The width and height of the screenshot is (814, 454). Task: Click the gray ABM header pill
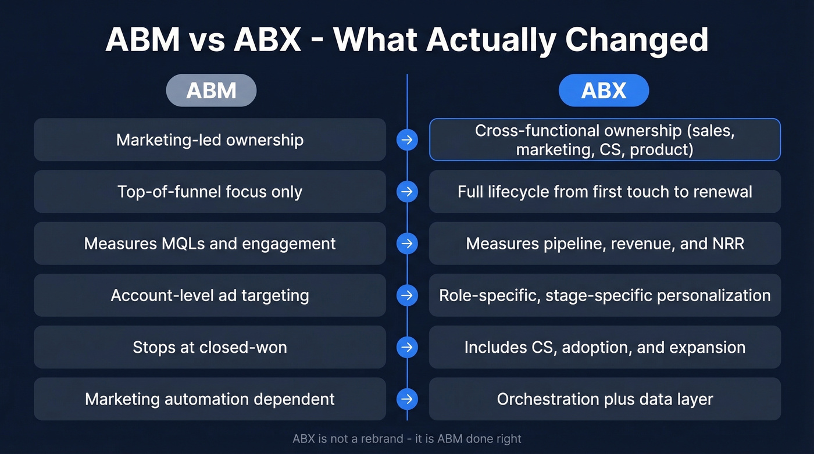211,90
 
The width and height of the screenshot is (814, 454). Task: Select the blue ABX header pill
604,90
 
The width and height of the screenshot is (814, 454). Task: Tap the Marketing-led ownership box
210,140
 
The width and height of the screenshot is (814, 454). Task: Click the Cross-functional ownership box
605,140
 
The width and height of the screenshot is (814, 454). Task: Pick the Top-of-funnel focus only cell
210,192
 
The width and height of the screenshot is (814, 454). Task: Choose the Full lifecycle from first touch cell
605,192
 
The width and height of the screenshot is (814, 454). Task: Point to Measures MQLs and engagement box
210,244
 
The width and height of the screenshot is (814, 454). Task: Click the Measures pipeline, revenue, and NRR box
605,244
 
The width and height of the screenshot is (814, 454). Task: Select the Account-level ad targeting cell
210,295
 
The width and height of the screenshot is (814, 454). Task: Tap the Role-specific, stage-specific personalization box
605,295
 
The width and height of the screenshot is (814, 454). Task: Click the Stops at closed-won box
210,347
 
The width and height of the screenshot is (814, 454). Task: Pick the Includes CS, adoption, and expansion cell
605,347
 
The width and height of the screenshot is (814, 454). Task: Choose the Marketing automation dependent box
210,399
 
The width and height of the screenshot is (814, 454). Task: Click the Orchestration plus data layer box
605,399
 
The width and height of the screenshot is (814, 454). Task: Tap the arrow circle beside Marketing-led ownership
407,140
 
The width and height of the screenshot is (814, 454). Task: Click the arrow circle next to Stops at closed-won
407,347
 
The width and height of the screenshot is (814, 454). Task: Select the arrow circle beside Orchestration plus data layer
407,399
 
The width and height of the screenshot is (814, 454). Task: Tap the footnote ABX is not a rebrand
407,438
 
